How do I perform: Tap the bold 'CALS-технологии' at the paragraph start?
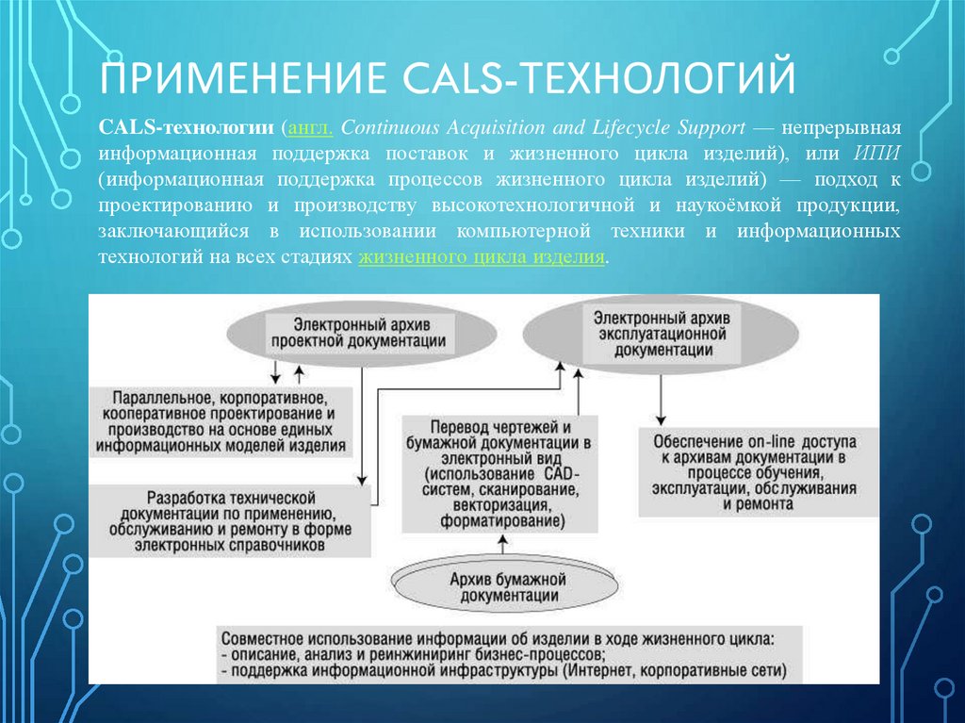pyautogui.click(x=188, y=127)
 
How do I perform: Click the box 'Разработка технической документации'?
pyautogui.click(x=231, y=520)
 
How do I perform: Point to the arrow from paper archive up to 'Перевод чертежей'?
pyautogui.click(x=502, y=544)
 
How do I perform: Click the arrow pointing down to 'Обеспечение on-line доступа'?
pyautogui.click(x=661, y=401)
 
